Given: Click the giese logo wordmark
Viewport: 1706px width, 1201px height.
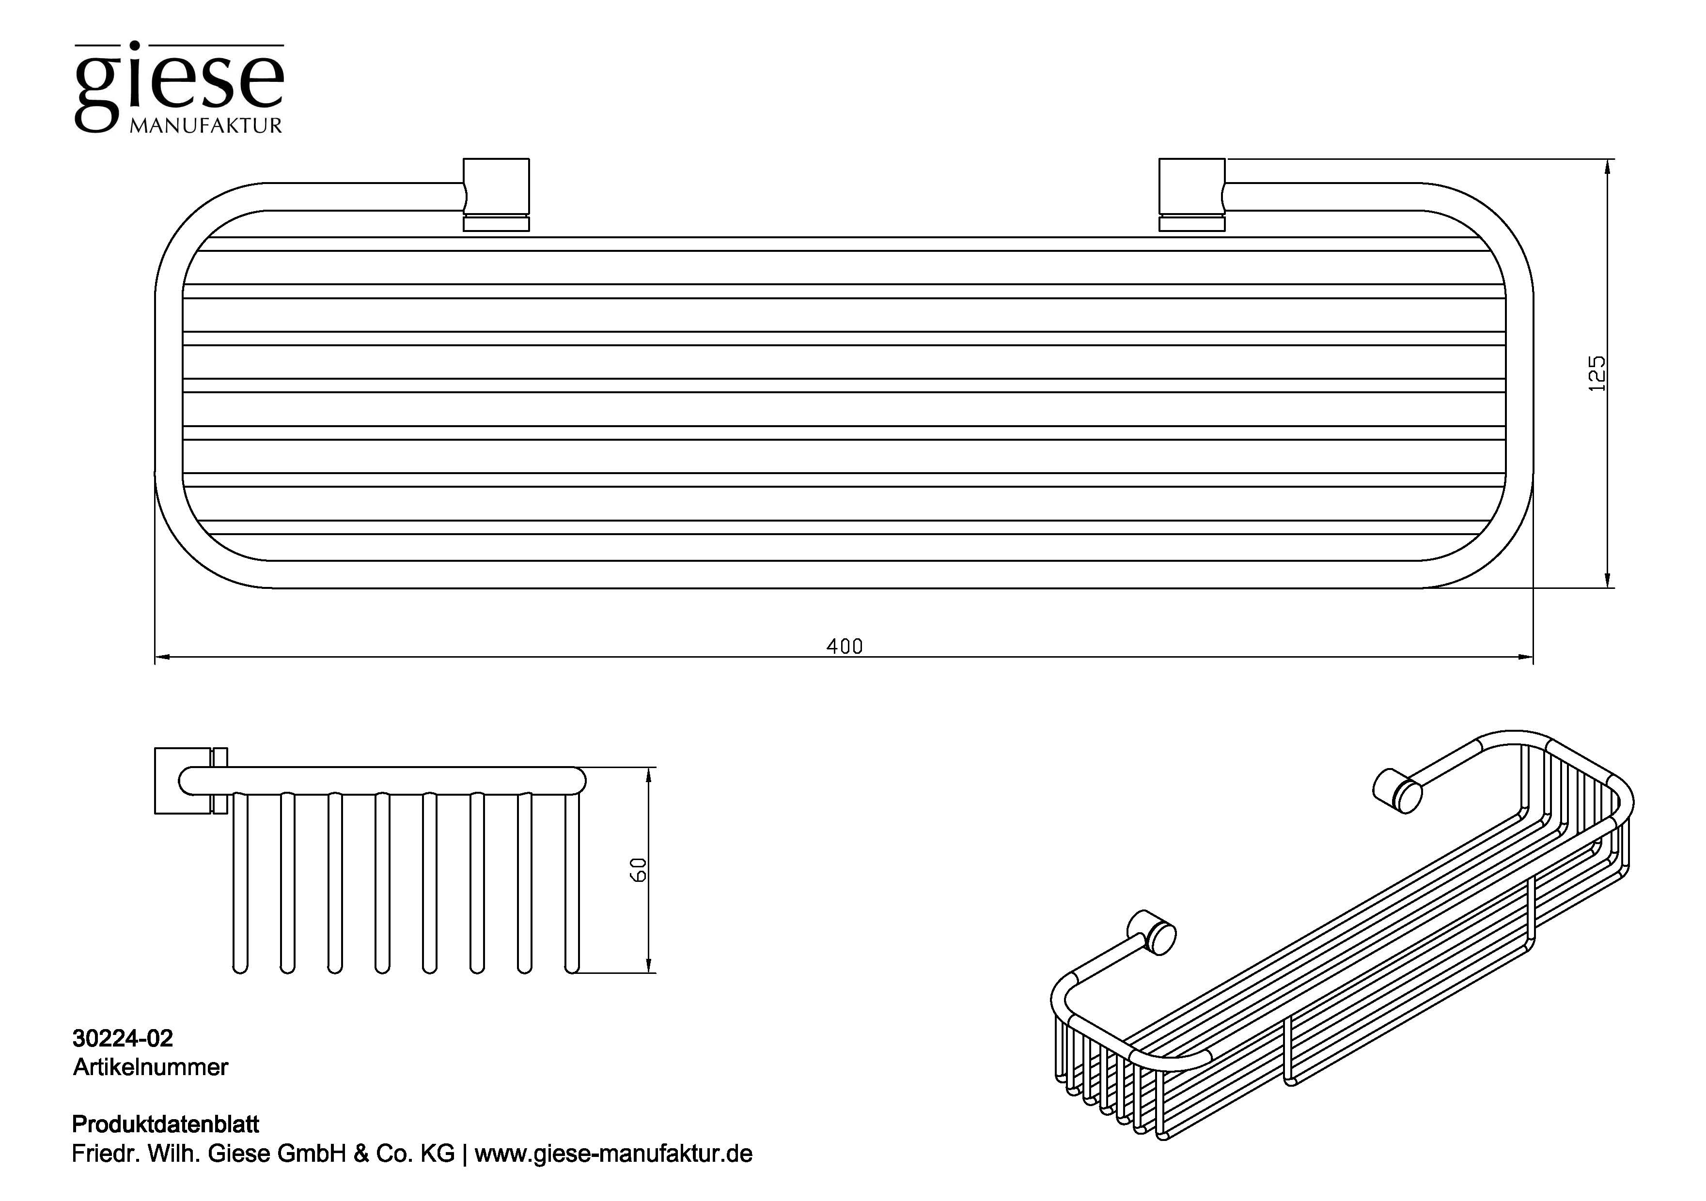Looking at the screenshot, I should click(178, 83).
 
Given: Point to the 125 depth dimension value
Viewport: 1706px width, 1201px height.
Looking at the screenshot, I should click(1596, 373).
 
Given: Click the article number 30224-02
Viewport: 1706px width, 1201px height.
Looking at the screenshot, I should click(123, 1038).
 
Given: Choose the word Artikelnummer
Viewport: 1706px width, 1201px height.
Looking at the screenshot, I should click(150, 1067).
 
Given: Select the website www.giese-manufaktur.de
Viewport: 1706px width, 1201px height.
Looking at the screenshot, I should click(613, 1154).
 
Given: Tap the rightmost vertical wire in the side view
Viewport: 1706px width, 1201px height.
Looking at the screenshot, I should click(571, 884).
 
